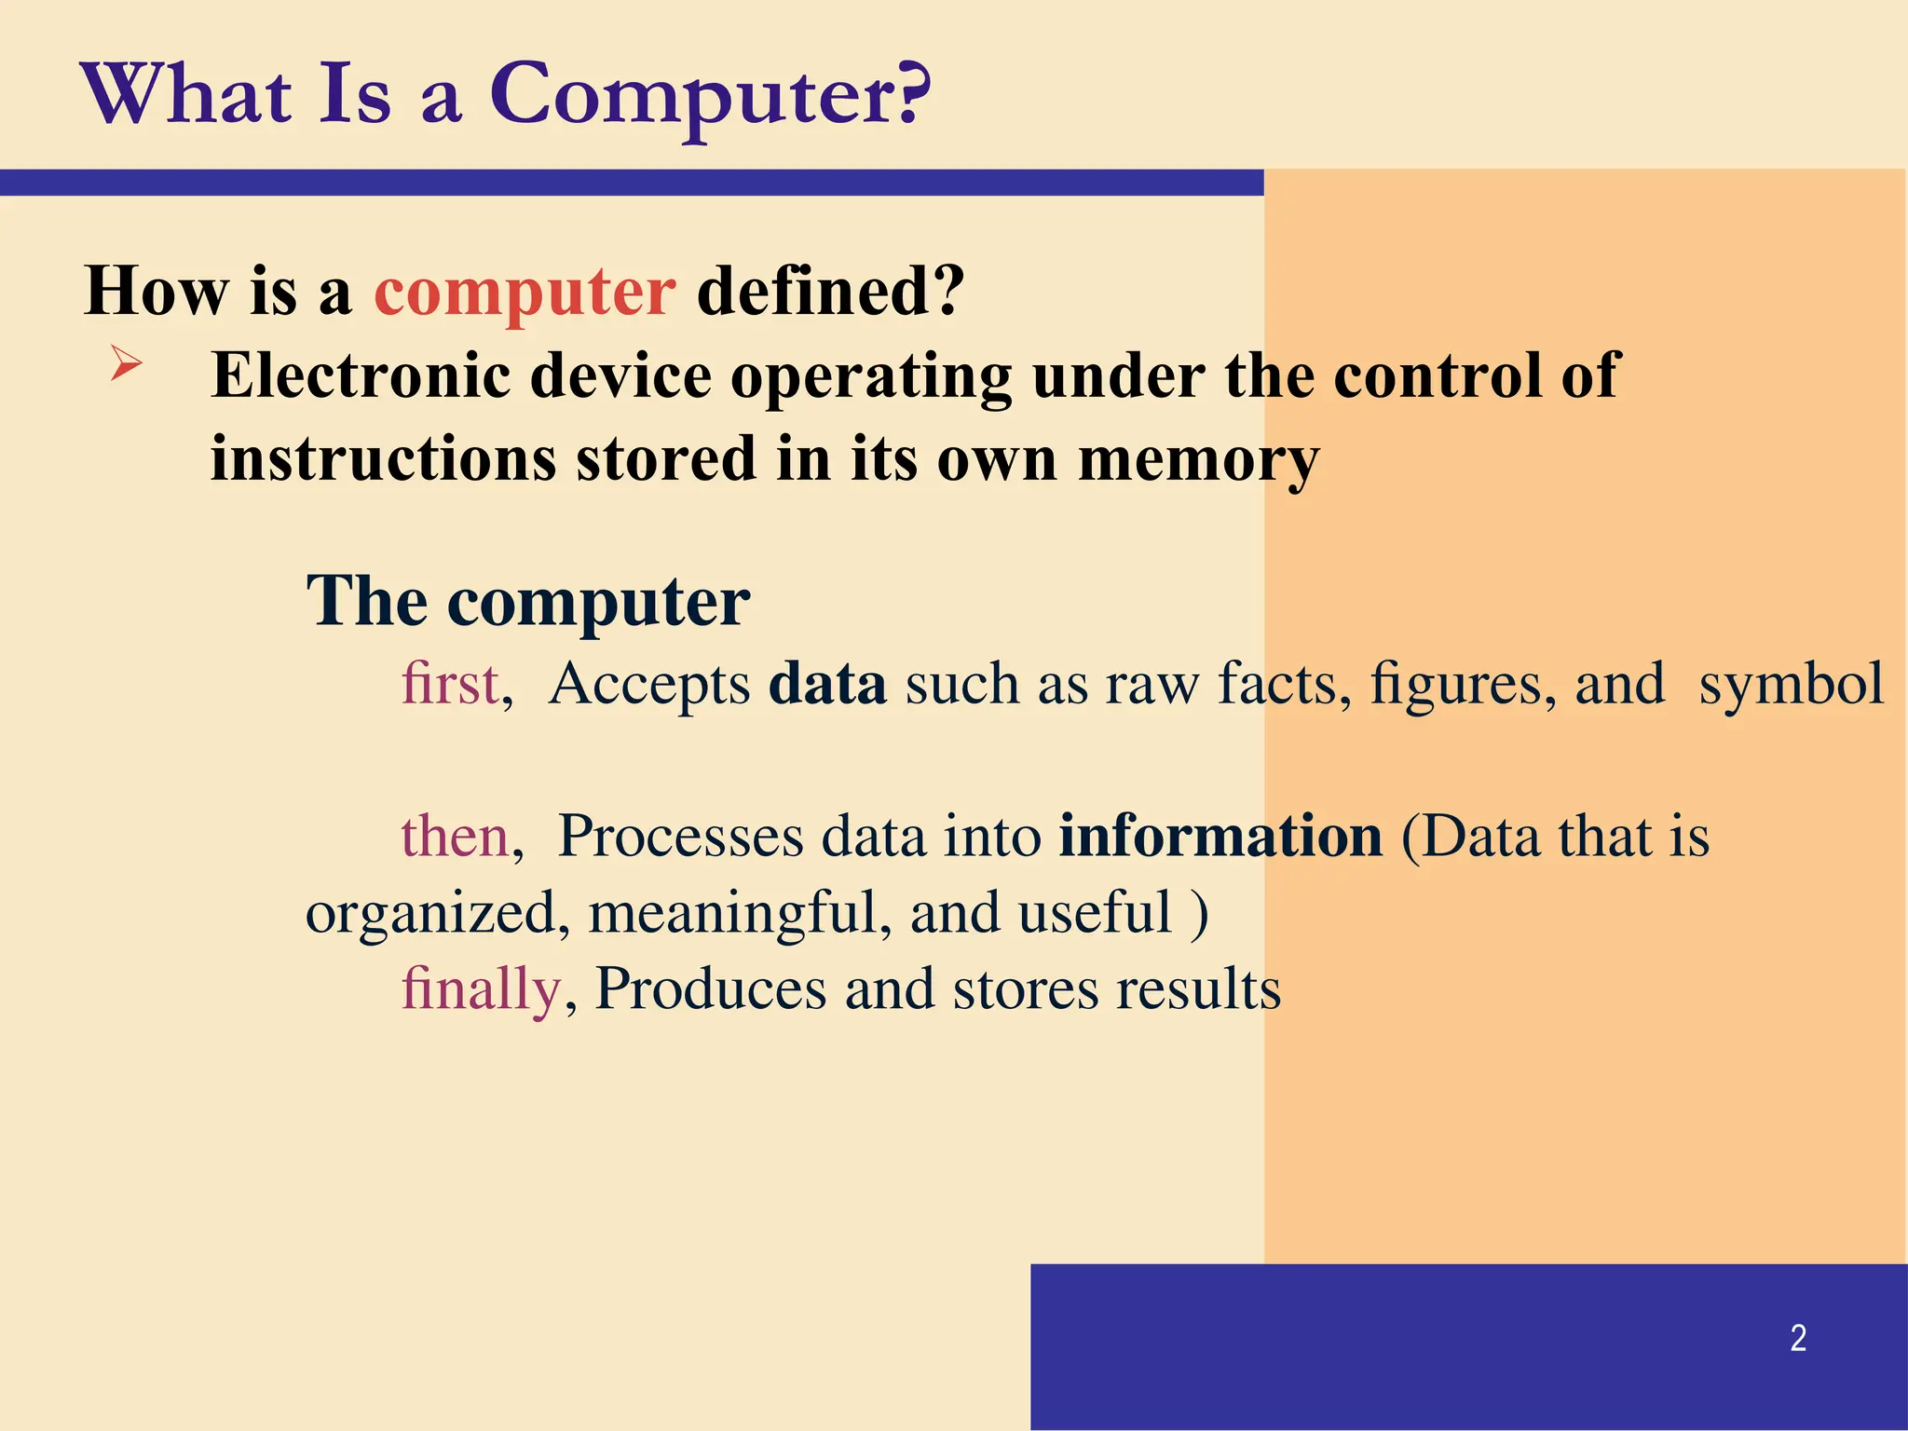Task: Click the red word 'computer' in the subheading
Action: tap(525, 293)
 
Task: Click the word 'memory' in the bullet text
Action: tap(1199, 460)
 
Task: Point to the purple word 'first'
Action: tap(451, 684)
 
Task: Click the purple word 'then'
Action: tap(455, 836)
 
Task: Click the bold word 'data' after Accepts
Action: tap(827, 684)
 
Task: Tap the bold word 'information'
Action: tap(1220, 836)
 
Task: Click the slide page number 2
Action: tap(1798, 1339)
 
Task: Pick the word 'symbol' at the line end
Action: tap(1792, 684)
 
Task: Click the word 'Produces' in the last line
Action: tap(711, 988)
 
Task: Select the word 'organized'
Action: tap(431, 914)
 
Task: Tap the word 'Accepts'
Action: tap(649, 684)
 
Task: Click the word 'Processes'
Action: tap(680, 836)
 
